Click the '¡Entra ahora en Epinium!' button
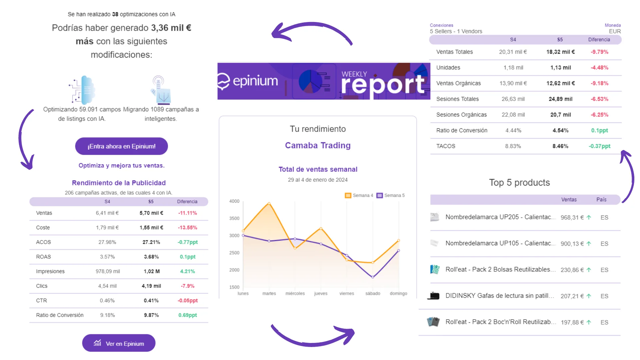pos(121,146)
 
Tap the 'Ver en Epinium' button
pos(119,343)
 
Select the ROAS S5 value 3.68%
pos(151,257)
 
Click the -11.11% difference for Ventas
pos(187,213)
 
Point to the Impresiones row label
pos(50,271)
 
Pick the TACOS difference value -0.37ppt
pos(599,146)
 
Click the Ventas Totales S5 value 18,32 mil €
pos(560,52)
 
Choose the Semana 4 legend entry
pos(359,195)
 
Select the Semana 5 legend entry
pos(391,195)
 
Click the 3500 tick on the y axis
pos(234,218)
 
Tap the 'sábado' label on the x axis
pos(373,293)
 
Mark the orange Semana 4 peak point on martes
pos(269,203)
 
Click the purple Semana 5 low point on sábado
pos(373,277)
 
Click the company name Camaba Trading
pos(318,145)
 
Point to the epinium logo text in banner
pos(255,81)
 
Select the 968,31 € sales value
pos(572,217)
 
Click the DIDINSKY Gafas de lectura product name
pos(500,296)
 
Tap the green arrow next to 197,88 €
pos(589,322)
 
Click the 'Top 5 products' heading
pos(519,183)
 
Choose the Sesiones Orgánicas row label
pos(461,115)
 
